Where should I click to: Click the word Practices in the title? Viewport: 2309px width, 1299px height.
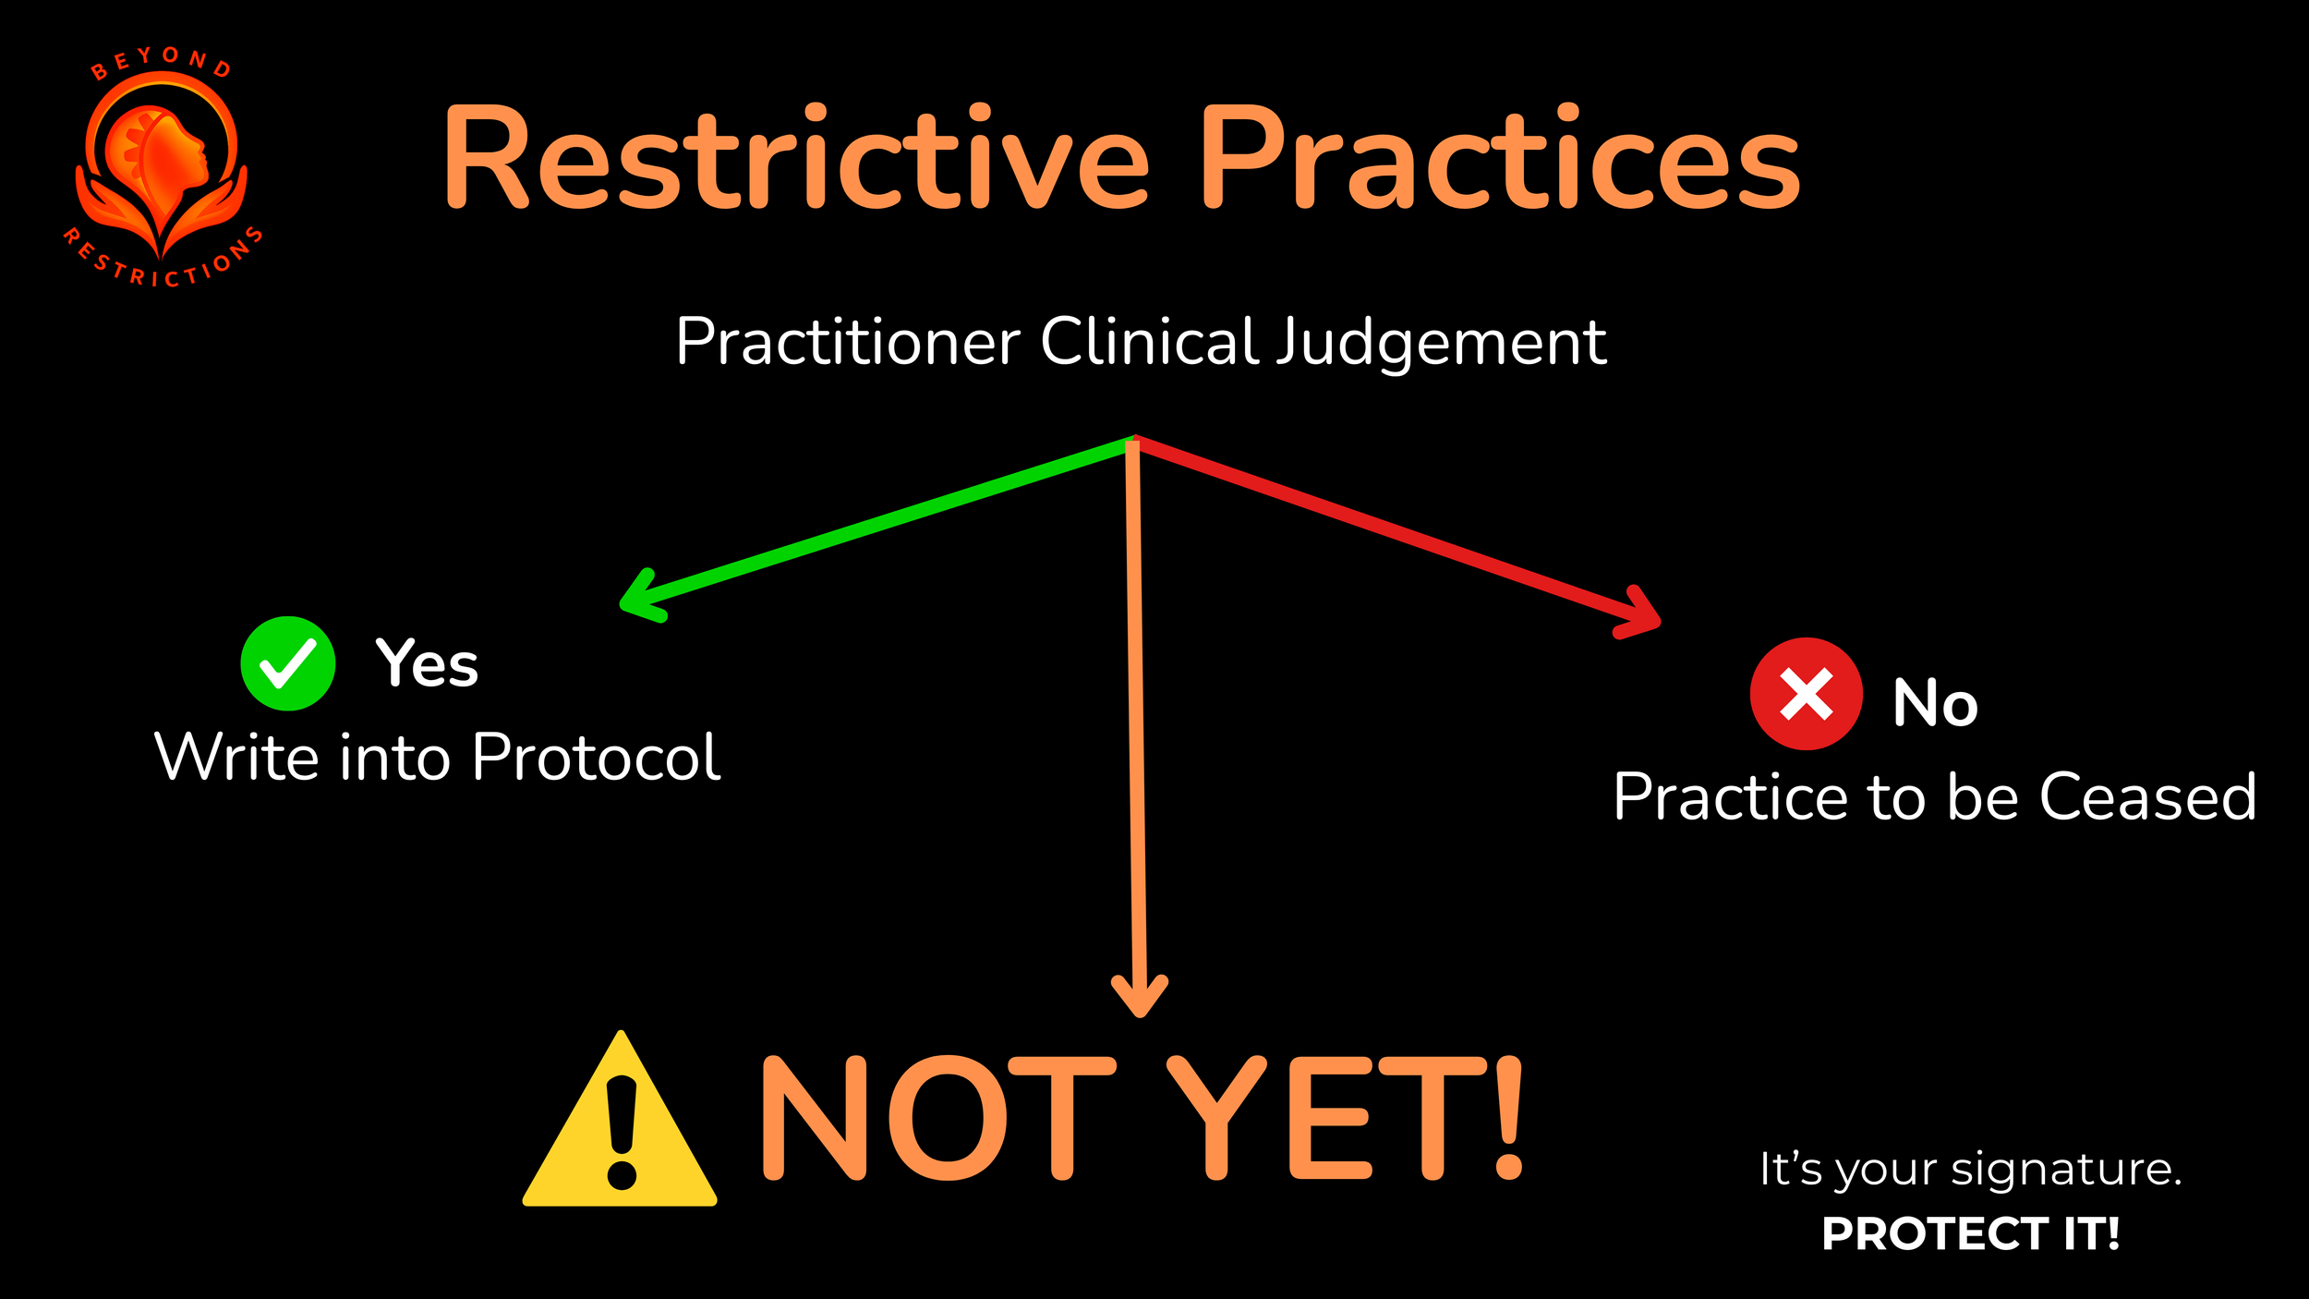tap(1501, 157)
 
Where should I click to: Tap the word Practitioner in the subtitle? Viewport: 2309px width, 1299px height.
tap(848, 342)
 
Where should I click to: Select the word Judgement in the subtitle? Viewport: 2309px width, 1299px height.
tap(1441, 342)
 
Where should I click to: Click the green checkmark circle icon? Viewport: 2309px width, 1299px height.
tap(288, 663)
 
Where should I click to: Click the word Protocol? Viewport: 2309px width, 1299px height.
tap(596, 758)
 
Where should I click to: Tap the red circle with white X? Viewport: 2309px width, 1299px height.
tap(1806, 694)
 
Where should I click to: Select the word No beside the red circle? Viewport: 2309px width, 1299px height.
tap(1935, 703)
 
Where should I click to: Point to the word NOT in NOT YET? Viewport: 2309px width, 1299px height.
tap(937, 1118)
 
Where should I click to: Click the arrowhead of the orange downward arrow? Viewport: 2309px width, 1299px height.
tap(1140, 998)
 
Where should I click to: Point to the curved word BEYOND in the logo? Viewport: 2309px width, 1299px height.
tap(161, 61)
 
